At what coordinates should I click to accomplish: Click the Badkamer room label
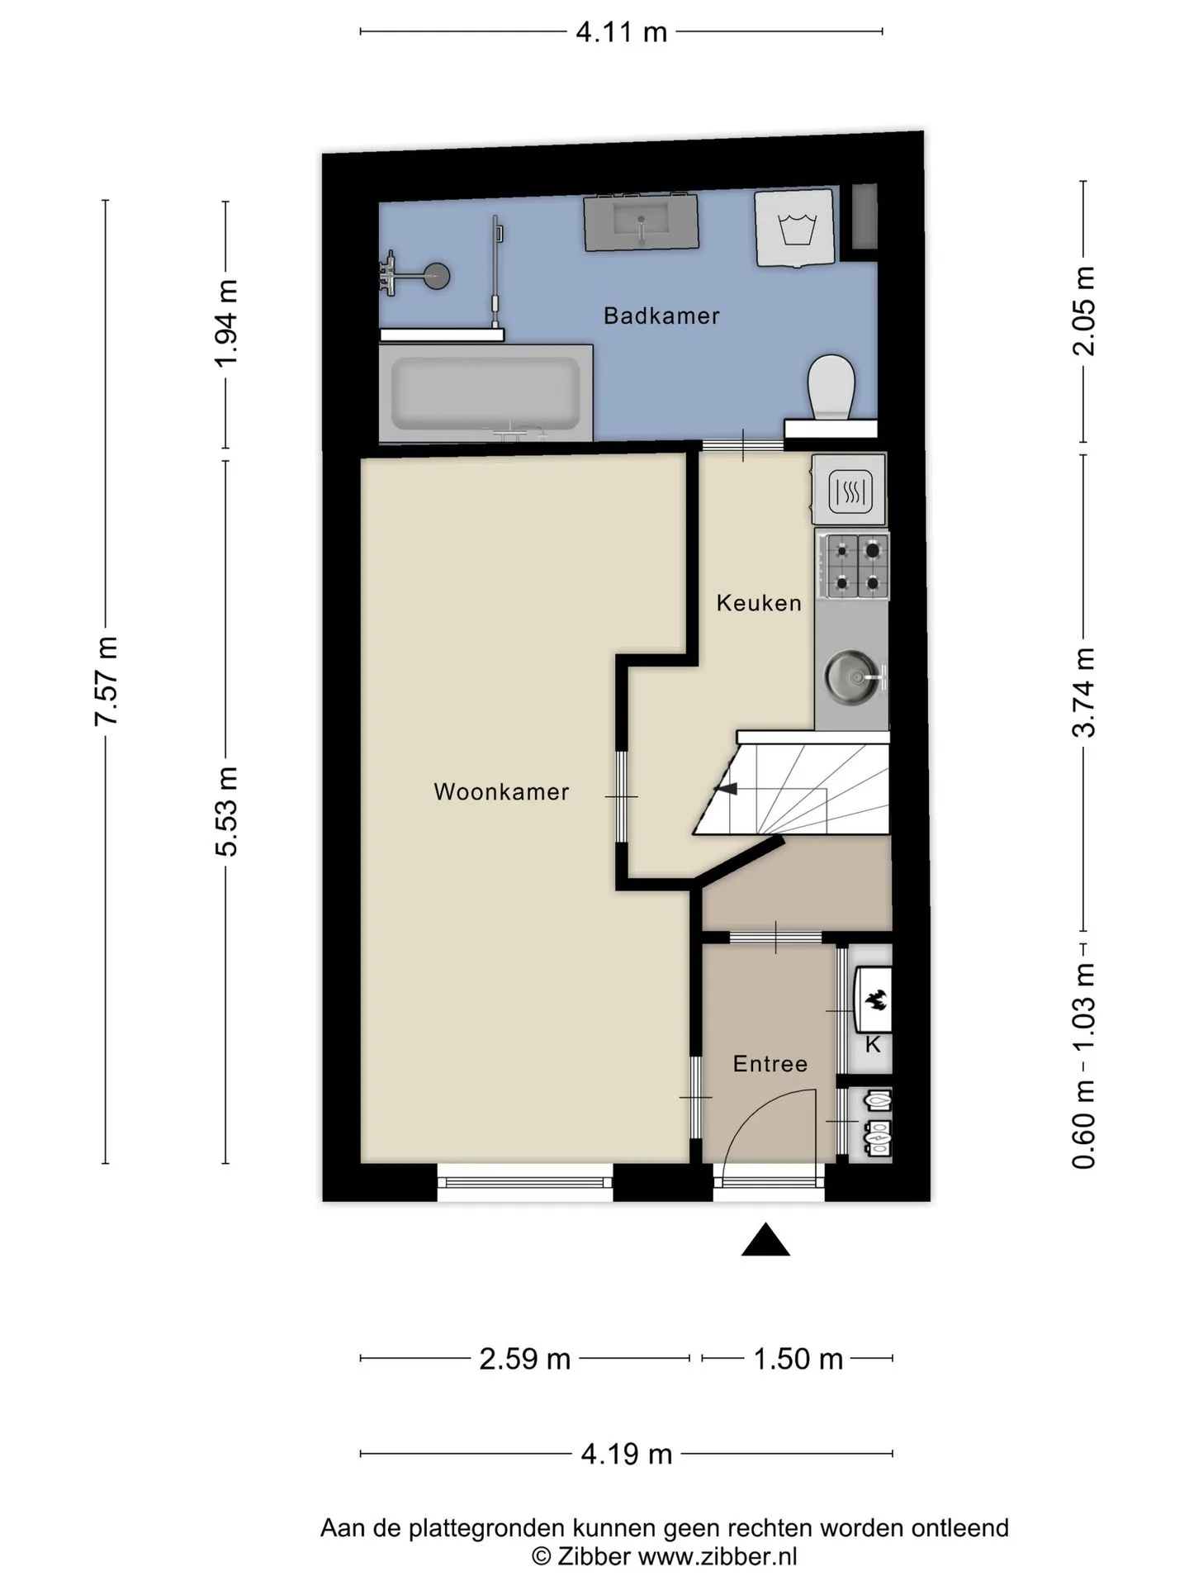661,316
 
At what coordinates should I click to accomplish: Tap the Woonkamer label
501,792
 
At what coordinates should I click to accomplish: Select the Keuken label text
759,603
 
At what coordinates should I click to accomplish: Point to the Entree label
770,1063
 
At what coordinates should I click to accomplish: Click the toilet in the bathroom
831,387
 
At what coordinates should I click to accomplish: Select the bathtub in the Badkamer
486,393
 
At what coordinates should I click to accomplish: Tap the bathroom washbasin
641,222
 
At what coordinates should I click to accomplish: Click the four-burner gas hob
854,565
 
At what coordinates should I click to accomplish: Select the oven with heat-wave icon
849,490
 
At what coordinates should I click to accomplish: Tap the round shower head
434,276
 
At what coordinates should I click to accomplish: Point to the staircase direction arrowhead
726,789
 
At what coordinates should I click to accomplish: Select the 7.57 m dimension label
107,681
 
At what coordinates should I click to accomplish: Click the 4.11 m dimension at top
621,32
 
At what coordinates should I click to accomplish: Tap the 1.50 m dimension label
798,1359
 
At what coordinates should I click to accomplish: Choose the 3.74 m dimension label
1083,691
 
